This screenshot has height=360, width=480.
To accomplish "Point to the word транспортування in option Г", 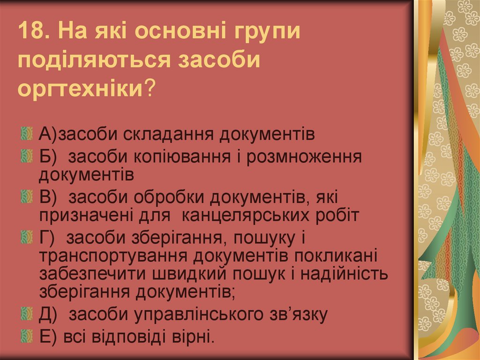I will [112, 256].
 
